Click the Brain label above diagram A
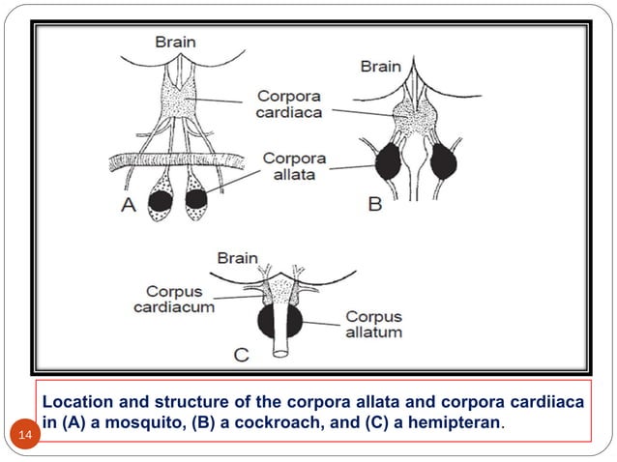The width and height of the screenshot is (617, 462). click(177, 41)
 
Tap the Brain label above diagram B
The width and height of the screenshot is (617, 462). click(381, 67)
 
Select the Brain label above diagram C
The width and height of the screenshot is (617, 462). click(237, 258)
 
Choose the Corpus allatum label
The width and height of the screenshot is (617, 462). click(373, 324)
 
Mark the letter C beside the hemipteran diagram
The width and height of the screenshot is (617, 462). click(240, 356)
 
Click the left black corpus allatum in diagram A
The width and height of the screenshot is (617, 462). click(160, 201)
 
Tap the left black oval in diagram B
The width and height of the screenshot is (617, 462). click(390, 160)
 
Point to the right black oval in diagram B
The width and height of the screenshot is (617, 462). click(446, 160)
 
